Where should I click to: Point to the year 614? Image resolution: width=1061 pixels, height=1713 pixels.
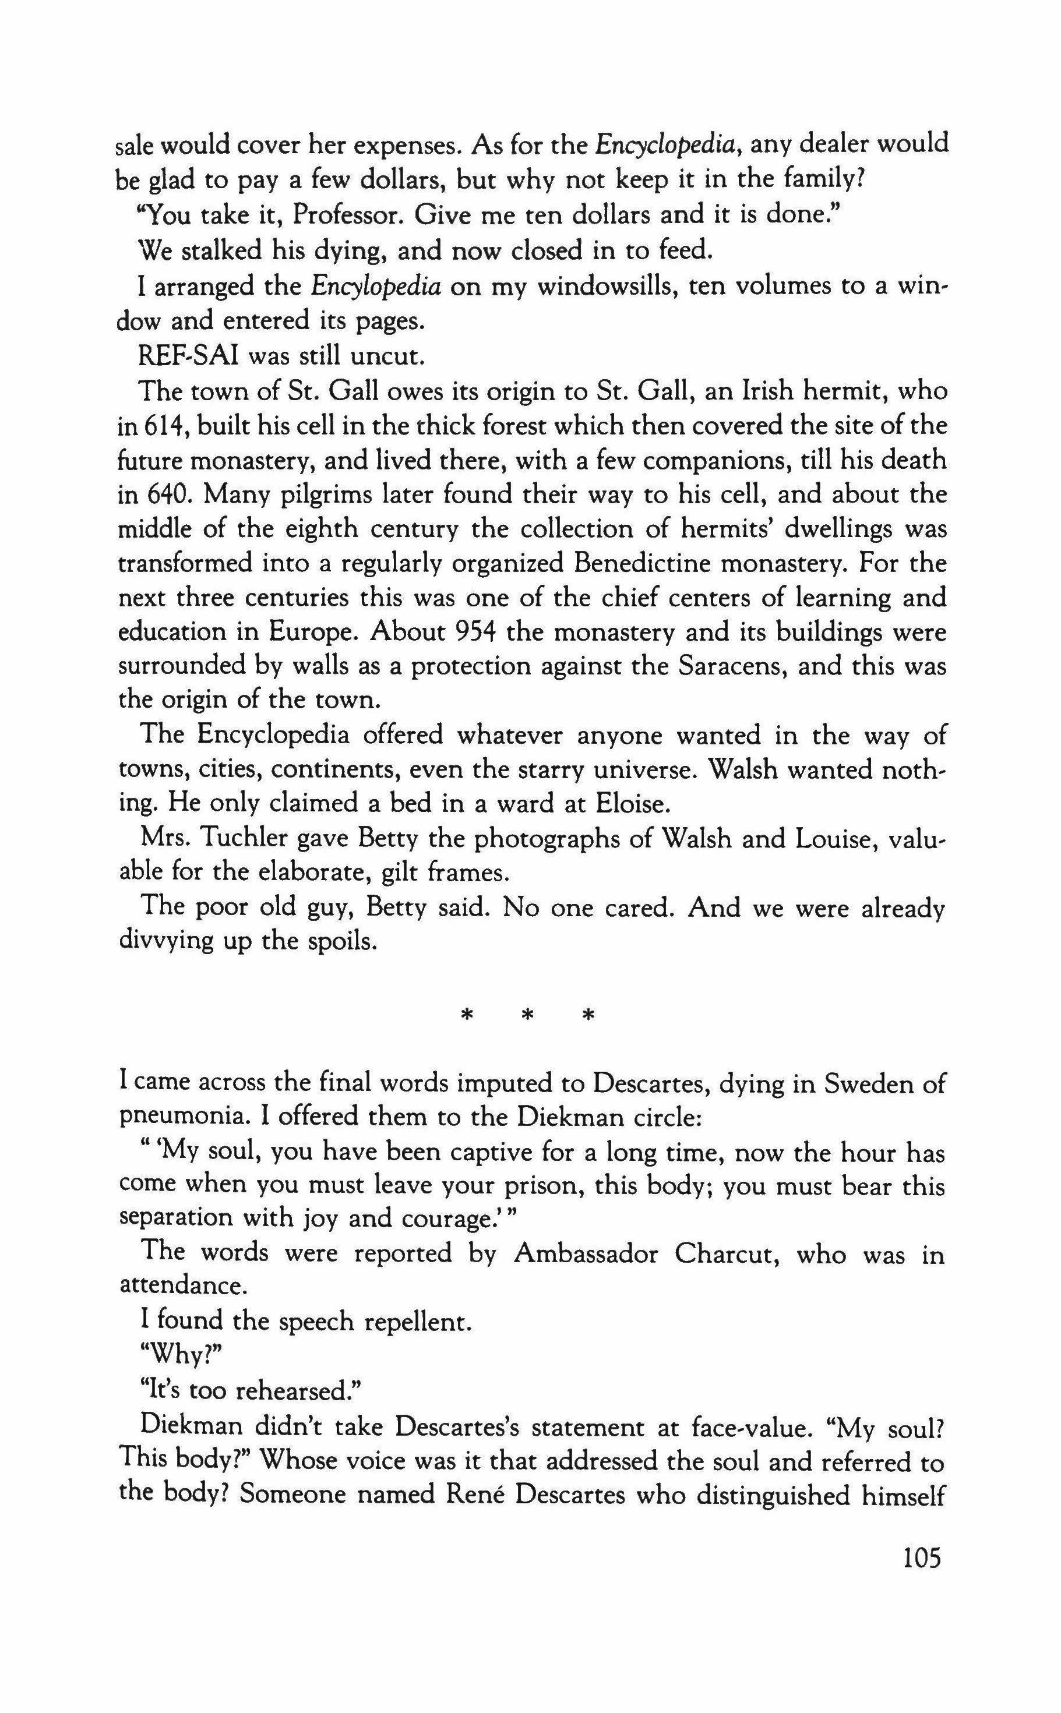[x=164, y=427]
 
